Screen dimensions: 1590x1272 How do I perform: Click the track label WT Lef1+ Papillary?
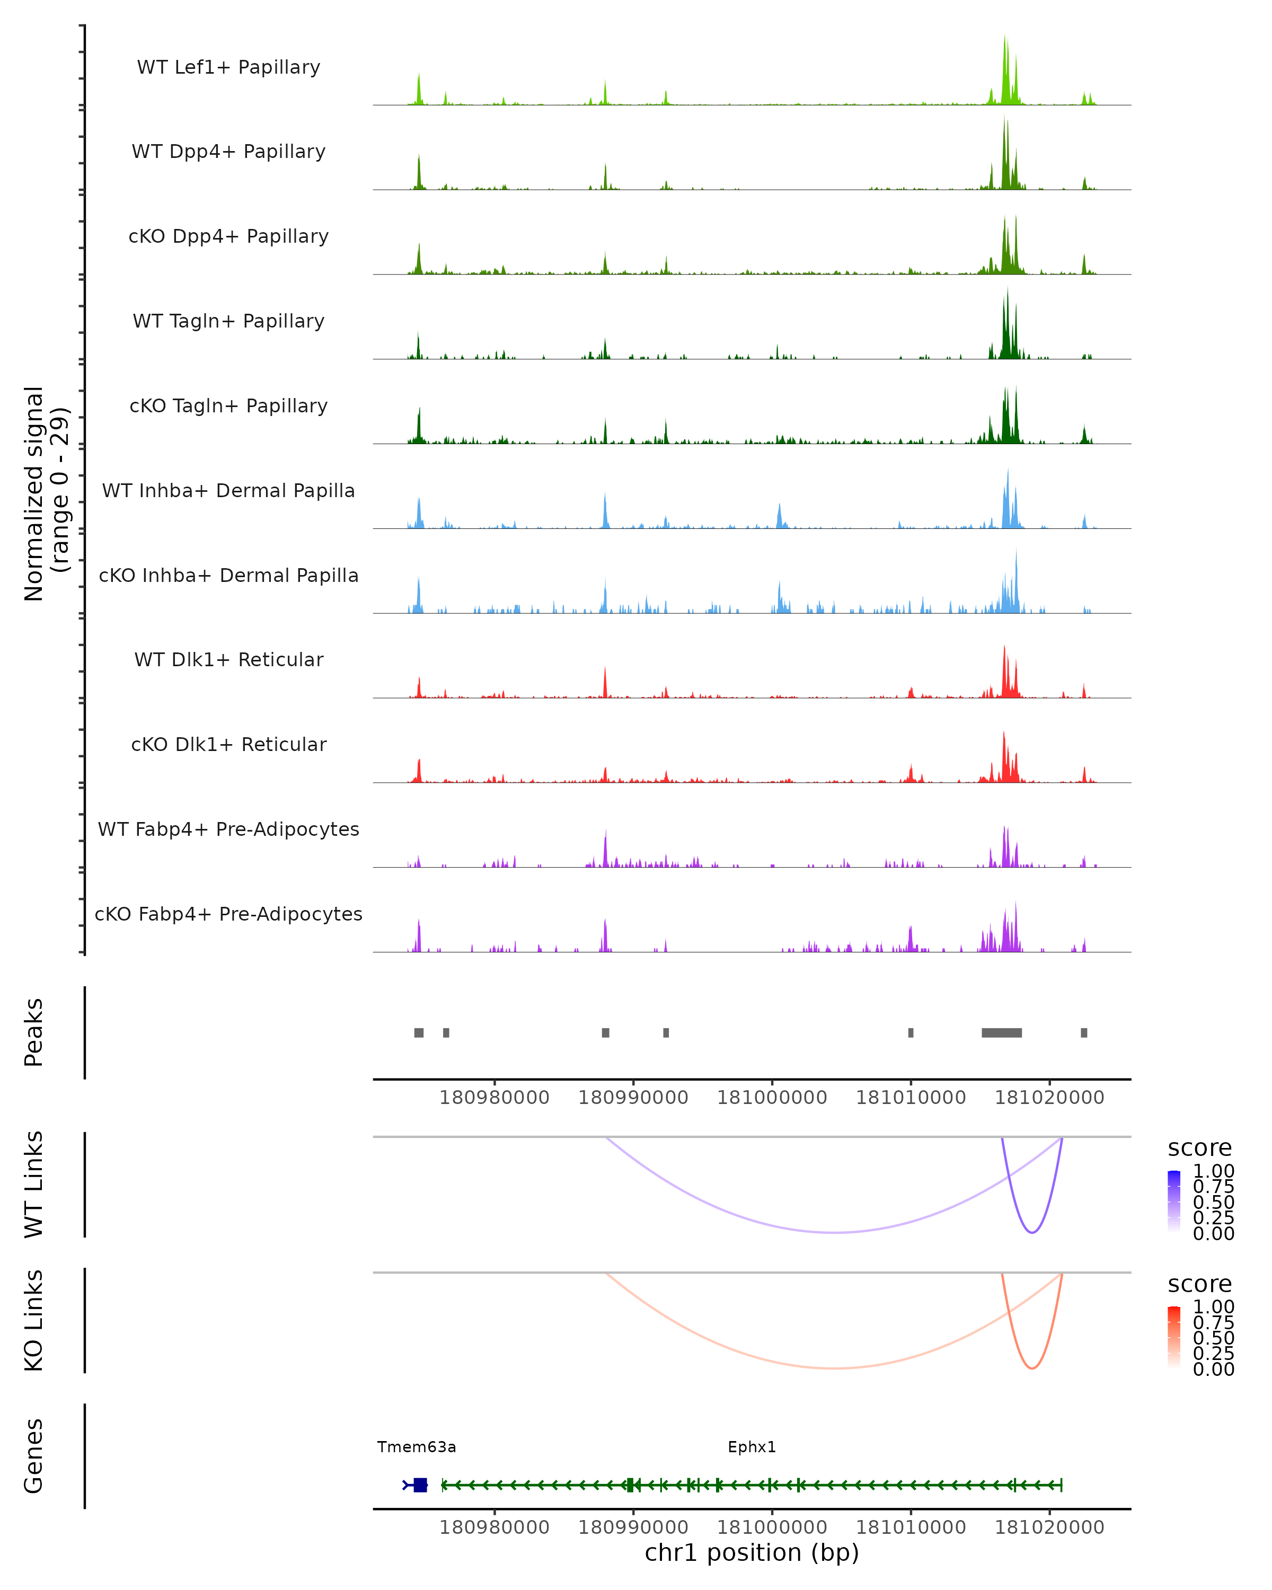click(x=228, y=68)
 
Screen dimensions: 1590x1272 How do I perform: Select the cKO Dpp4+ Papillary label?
click(x=228, y=237)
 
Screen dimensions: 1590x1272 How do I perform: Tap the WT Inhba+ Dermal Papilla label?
click(x=228, y=491)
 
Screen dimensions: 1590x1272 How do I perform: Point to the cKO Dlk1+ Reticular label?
click(x=228, y=745)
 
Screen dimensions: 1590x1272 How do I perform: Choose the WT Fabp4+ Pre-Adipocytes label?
click(x=228, y=829)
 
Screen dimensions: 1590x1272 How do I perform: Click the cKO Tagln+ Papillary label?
click(x=228, y=407)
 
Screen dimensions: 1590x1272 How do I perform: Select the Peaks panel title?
click(x=34, y=1032)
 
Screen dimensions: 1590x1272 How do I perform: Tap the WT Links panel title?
click(x=34, y=1185)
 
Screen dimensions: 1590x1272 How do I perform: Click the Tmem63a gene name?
click(x=417, y=1447)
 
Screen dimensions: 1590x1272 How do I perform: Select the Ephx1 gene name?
click(x=752, y=1447)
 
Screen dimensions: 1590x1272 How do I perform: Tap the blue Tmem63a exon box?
click(x=420, y=1485)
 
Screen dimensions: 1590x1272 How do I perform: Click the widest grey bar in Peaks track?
click(x=1001, y=1032)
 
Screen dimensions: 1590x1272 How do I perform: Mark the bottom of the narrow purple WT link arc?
click(x=1032, y=1232)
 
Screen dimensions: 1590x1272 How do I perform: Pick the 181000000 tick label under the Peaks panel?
click(x=772, y=1098)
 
